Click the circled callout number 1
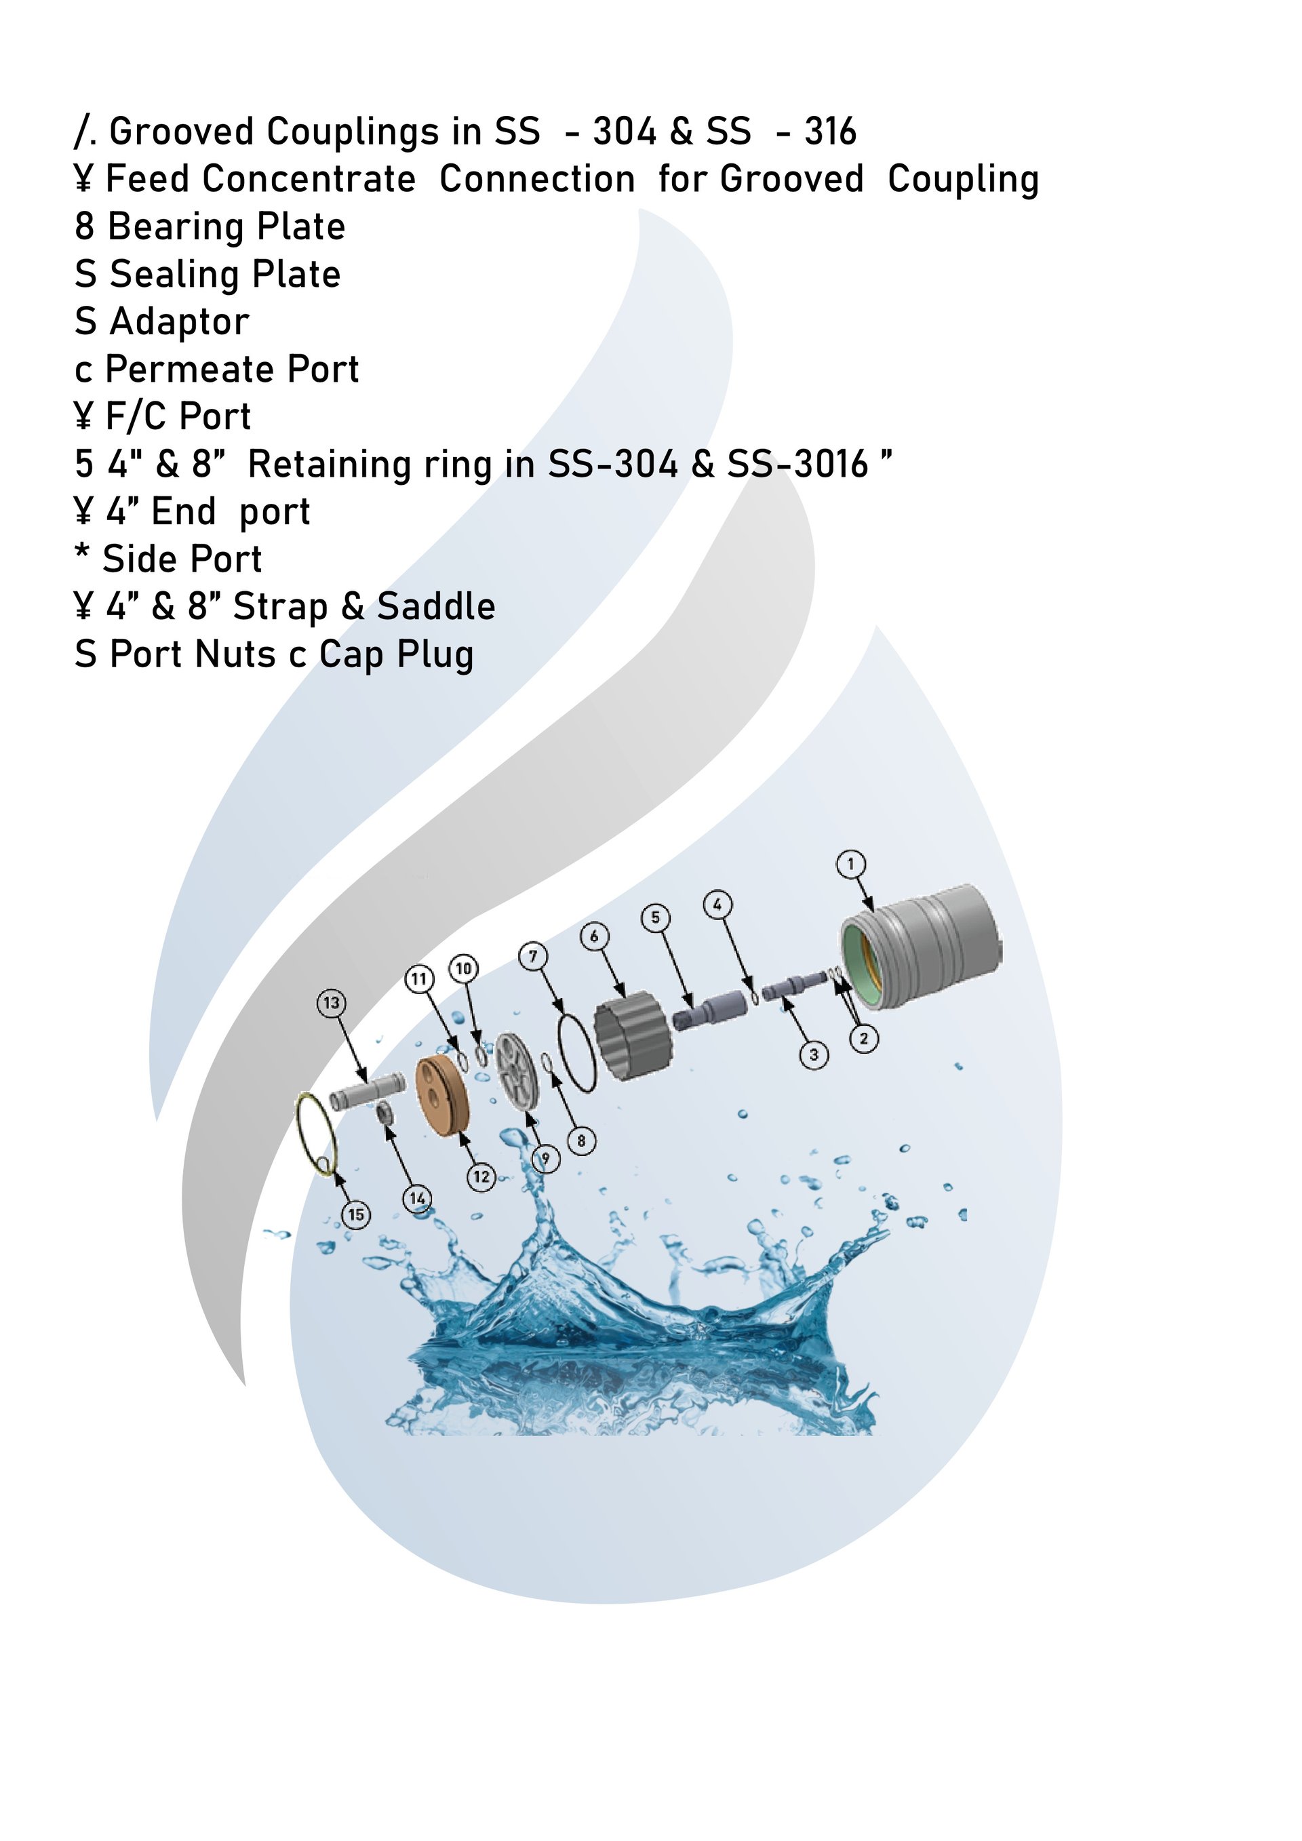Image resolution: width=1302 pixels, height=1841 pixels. pos(850,865)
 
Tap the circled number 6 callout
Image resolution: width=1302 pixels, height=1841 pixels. pos(594,936)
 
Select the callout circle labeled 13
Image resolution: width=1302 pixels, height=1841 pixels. pos(331,1003)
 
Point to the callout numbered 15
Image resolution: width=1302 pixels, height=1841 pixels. pos(356,1214)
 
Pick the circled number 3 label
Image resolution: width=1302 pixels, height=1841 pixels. pos(814,1054)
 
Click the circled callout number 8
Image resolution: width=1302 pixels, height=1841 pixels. pos(581,1141)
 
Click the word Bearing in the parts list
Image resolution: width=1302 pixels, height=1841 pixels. pos(176,227)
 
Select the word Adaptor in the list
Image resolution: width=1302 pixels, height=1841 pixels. pos(180,322)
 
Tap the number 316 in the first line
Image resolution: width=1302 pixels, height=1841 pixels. pos(831,132)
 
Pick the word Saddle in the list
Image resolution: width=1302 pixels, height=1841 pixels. pos(436,606)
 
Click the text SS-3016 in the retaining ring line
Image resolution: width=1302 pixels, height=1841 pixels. pos(797,464)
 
